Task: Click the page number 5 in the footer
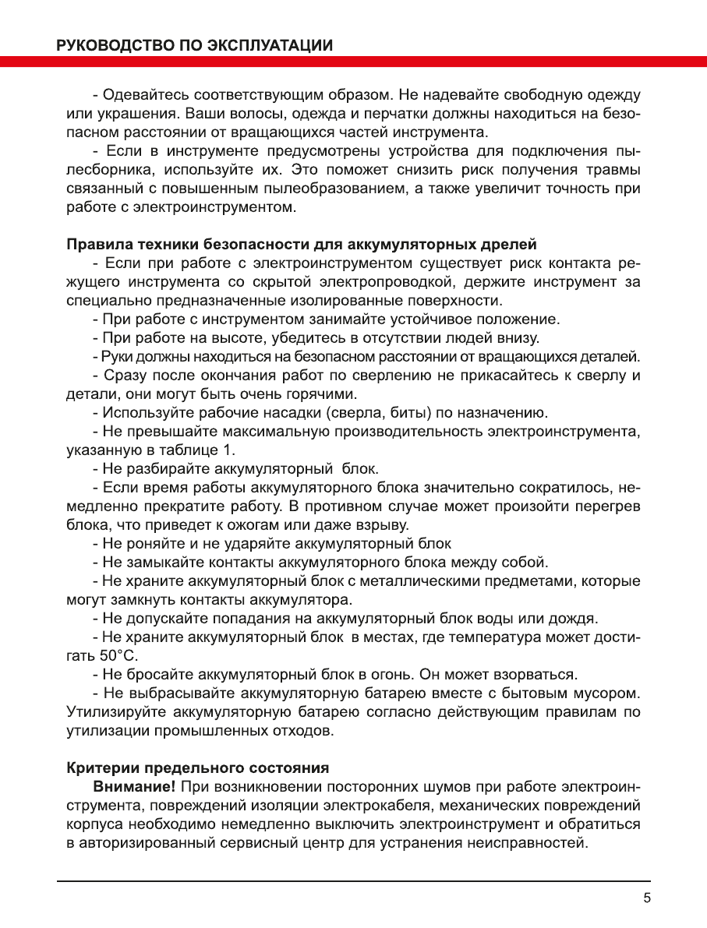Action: (x=646, y=897)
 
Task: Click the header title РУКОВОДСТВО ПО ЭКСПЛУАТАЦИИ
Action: (x=195, y=45)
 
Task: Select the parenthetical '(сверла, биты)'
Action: (x=370, y=412)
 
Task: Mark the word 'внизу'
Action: (x=518, y=337)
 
